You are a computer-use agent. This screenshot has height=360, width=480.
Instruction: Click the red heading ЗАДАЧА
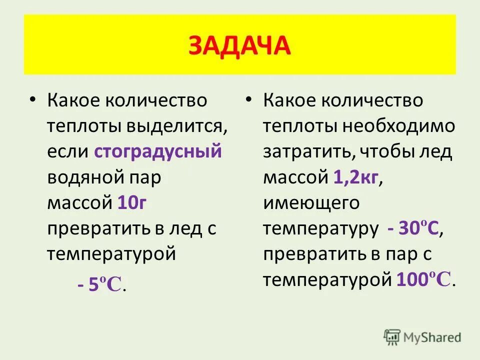[x=239, y=46]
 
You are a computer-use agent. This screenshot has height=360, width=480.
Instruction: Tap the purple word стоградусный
[x=157, y=151]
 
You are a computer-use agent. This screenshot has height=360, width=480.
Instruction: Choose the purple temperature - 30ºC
[x=413, y=229]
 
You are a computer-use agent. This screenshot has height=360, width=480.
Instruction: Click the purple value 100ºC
[x=424, y=279]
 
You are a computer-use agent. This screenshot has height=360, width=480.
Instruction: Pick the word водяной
[x=80, y=177]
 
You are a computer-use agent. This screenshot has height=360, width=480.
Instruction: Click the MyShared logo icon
[x=392, y=337]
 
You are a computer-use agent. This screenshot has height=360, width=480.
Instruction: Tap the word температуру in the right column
[x=320, y=229]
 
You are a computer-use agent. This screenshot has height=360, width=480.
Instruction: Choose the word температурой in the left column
[x=111, y=254]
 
